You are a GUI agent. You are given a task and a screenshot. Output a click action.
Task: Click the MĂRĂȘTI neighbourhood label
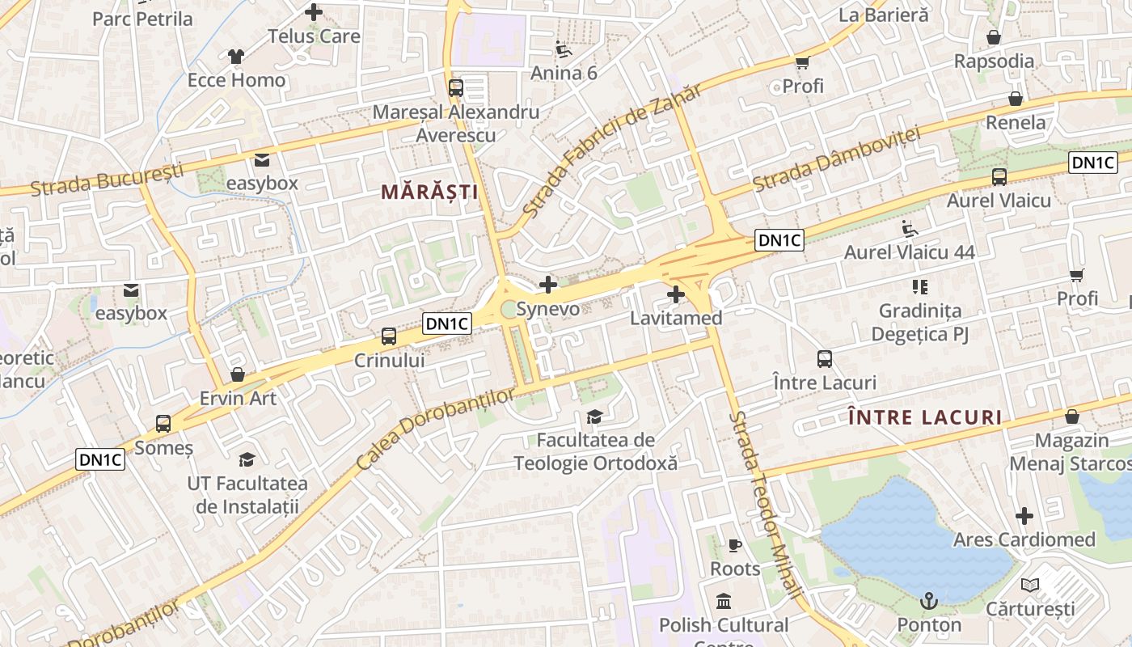pyautogui.click(x=429, y=192)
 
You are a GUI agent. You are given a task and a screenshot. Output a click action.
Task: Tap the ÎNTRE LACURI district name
pyautogui.click(x=926, y=418)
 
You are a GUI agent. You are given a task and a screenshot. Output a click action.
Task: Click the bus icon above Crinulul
pyautogui.click(x=389, y=336)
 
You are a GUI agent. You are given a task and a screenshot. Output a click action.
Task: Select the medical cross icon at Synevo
pyautogui.click(x=548, y=284)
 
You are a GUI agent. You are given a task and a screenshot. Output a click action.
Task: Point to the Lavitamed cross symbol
pyautogui.click(x=676, y=294)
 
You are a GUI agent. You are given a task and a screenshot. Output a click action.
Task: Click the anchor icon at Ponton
pyautogui.click(x=929, y=600)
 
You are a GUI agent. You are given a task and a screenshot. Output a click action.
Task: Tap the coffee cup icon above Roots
pyautogui.click(x=734, y=545)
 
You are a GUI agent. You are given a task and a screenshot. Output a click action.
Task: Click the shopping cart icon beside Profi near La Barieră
pyautogui.click(x=803, y=62)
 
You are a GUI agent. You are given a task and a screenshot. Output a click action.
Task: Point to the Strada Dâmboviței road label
pyautogui.click(x=837, y=159)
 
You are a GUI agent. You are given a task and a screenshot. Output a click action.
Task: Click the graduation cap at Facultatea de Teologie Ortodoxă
pyautogui.click(x=594, y=417)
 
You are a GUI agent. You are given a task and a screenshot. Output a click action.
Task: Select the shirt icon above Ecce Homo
pyautogui.click(x=235, y=56)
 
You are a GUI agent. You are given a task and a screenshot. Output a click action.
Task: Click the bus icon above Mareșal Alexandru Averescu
pyautogui.click(x=455, y=87)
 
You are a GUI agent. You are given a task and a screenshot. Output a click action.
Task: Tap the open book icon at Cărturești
pyautogui.click(x=1029, y=585)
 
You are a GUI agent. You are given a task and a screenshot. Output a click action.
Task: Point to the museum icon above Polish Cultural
pyautogui.click(x=724, y=602)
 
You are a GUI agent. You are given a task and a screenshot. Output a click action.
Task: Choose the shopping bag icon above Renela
pyautogui.click(x=1016, y=99)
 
